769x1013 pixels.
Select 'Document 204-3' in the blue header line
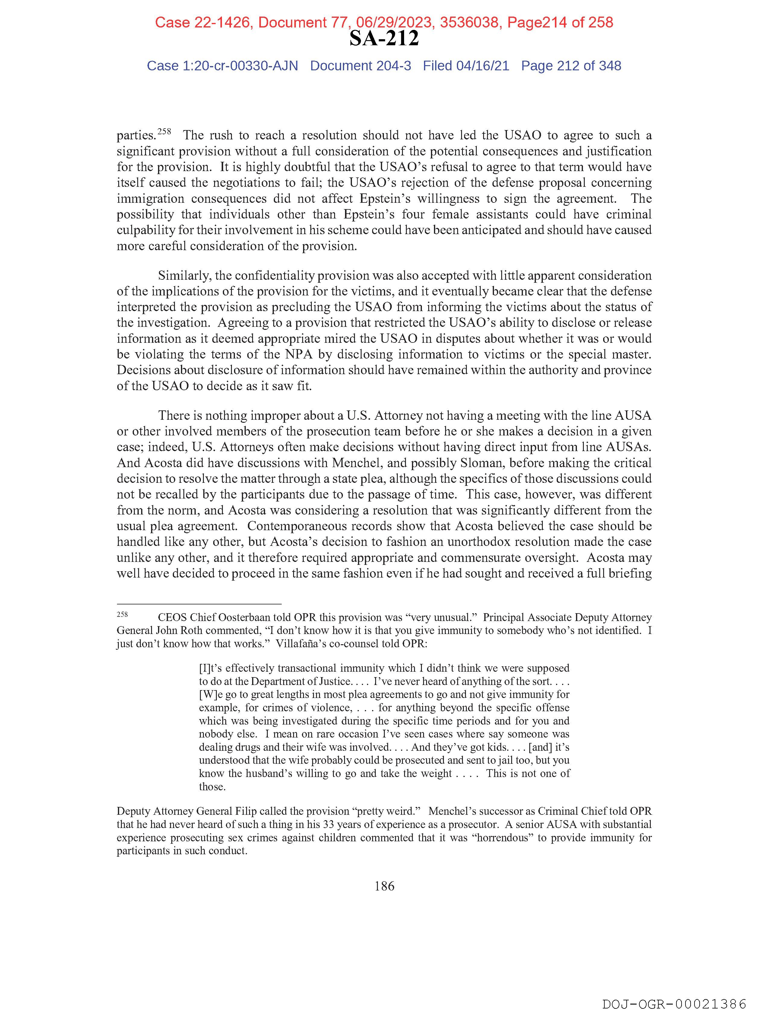tap(360, 66)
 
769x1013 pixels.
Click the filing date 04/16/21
tap(483, 66)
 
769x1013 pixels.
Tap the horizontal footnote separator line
tap(199, 604)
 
